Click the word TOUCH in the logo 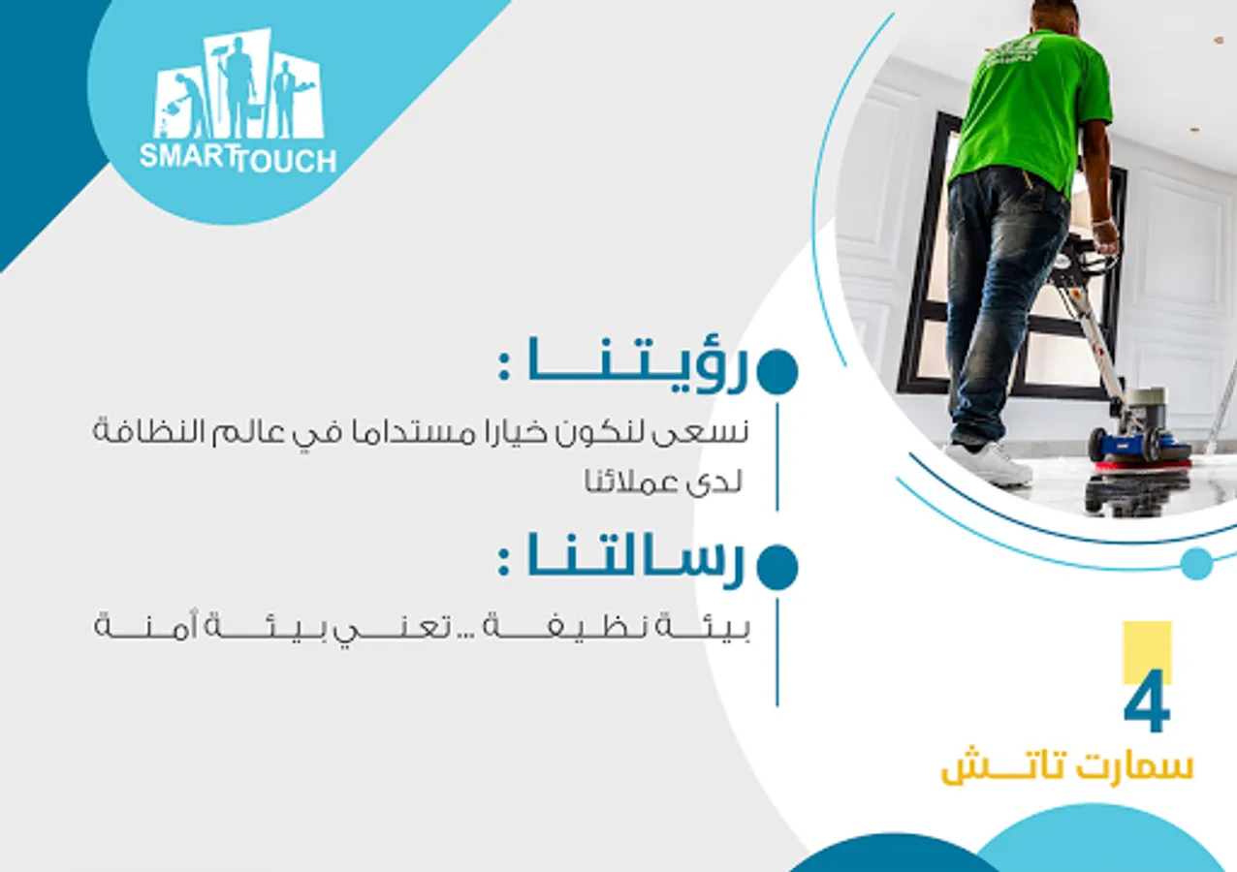pos(286,162)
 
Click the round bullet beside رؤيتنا pos(777,371)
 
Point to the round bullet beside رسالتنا pos(777,568)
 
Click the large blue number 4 pos(1147,701)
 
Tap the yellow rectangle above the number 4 pos(1147,651)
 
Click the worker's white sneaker pos(989,463)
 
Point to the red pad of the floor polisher pos(1143,465)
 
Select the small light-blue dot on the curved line pos(1196,564)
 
